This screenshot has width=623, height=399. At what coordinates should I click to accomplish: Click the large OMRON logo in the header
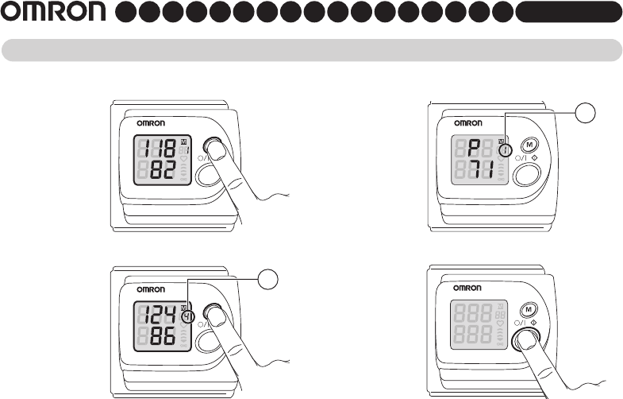click(53, 13)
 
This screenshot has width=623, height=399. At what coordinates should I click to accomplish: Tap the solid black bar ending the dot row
click(567, 13)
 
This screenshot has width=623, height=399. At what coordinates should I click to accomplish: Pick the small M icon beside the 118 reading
click(183, 141)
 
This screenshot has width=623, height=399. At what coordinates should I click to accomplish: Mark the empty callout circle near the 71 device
click(585, 113)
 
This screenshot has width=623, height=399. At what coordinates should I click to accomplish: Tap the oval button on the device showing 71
click(525, 175)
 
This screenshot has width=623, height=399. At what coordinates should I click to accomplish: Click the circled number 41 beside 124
click(187, 316)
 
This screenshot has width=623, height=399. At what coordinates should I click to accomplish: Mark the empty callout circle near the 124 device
click(269, 279)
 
